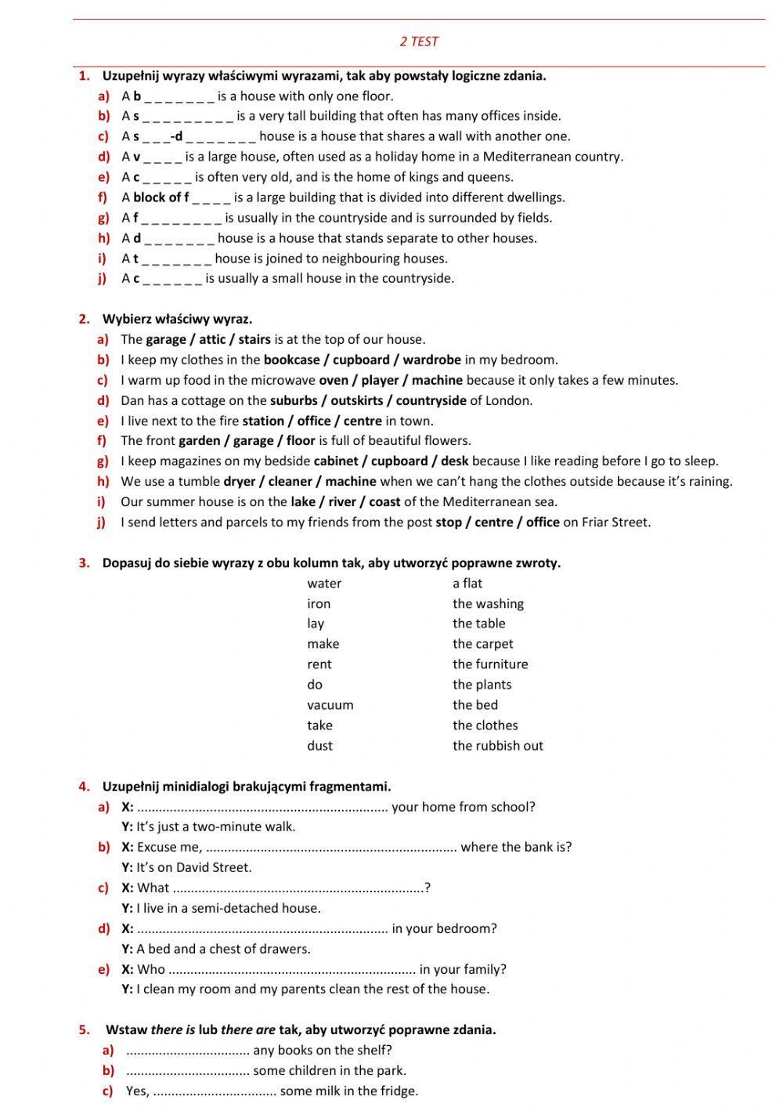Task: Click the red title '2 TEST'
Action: pos(419,42)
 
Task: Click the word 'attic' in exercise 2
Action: pos(212,339)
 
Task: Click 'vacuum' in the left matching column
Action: pos(330,704)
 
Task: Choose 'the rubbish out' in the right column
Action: pos(497,745)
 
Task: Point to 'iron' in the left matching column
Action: pos(319,603)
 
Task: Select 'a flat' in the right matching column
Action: pos(467,583)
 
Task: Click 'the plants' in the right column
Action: pos(482,684)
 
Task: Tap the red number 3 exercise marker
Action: pos(84,563)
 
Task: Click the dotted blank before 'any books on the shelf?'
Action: pos(187,1051)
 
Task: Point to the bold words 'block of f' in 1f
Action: pos(161,197)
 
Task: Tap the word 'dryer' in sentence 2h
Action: pos(240,481)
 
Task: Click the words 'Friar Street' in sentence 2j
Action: pos(615,522)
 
